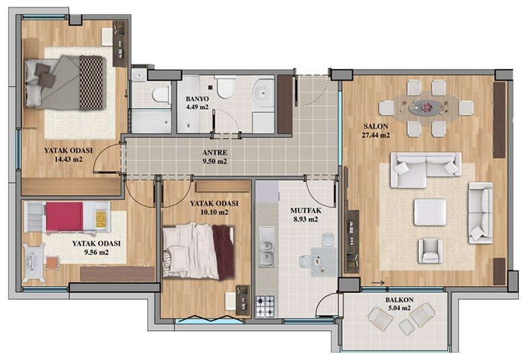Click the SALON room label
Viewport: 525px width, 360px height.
pos(376,126)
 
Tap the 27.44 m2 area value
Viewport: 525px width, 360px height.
pos(376,135)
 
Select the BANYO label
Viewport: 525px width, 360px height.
pos(197,99)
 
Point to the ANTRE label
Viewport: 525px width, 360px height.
pos(214,152)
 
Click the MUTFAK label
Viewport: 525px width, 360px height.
pos(306,211)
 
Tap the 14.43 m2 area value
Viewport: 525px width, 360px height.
pos(69,159)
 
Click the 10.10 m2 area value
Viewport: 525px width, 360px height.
pos(214,212)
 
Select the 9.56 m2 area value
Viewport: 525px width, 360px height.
pos(96,253)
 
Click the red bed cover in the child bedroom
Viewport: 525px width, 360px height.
pos(65,216)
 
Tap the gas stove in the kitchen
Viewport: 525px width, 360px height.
pos(265,306)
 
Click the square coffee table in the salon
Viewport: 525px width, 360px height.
pos(430,212)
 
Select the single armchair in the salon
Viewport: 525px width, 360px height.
pos(430,251)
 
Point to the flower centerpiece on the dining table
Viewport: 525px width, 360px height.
pos(427,107)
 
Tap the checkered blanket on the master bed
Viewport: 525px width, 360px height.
pos(91,83)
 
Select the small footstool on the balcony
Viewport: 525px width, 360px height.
pos(407,326)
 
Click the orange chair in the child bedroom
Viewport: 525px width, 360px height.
pos(52,263)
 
